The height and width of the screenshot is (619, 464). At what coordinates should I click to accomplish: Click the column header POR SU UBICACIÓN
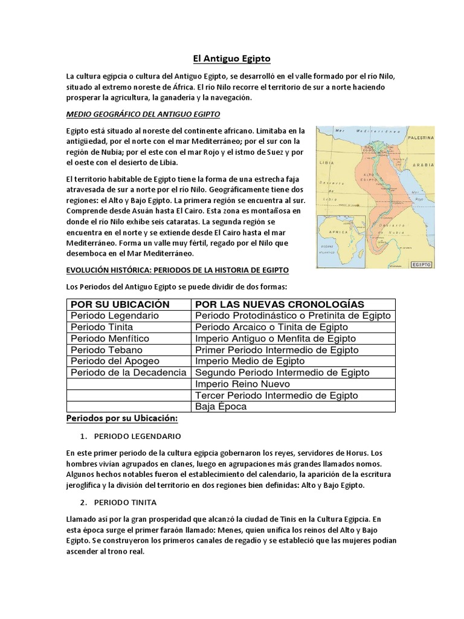pos(120,304)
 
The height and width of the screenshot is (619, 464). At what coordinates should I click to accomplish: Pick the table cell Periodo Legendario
pos(115,316)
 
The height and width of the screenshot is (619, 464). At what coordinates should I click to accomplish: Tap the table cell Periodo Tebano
pos(106,350)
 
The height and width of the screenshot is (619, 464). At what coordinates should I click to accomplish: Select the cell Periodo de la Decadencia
pos(129,372)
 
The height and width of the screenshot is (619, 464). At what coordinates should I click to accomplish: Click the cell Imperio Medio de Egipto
pos(250,361)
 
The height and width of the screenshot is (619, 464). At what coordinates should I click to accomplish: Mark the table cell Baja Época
pos(221,407)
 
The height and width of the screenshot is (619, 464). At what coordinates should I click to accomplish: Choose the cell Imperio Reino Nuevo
pos(242,384)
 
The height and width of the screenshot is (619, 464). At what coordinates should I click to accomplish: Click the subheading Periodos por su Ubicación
pos(121,418)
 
